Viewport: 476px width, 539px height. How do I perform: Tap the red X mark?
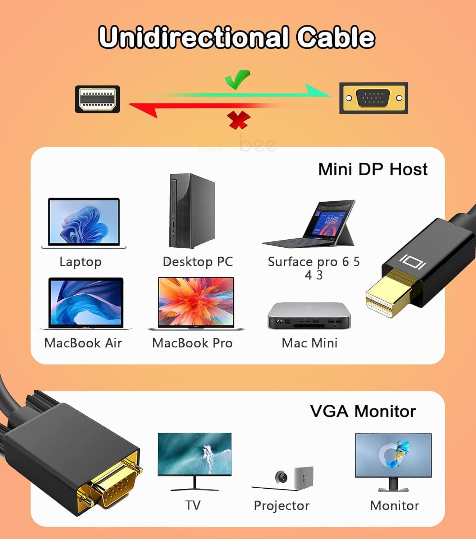pos(238,120)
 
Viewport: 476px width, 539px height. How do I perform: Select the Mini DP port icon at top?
pos(97,99)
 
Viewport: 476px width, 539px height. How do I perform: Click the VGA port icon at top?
pos(373,98)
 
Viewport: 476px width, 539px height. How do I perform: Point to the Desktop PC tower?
pos(192,211)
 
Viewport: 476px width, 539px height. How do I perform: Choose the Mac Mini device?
pos(309,316)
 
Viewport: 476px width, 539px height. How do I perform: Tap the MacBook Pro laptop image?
pos(196,303)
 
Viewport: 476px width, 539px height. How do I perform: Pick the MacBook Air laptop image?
pos(86,303)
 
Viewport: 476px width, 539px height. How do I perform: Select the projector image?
pos(283,478)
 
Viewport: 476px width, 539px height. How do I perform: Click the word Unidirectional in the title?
pos(193,37)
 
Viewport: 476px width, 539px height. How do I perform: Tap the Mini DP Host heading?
pos(373,169)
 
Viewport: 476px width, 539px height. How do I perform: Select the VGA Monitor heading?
pos(363,411)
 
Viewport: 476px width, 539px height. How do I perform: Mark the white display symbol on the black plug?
pos(413,262)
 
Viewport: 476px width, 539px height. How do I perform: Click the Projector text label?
pos(282,506)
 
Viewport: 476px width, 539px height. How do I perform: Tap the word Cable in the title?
pos(336,37)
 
